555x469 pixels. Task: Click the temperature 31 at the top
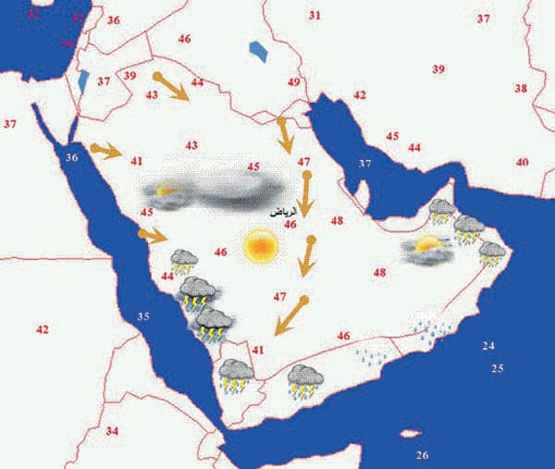click(314, 16)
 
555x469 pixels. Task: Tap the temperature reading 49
click(294, 83)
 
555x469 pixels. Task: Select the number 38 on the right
click(522, 88)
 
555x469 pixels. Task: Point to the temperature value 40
click(523, 162)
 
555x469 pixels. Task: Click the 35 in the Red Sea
click(143, 317)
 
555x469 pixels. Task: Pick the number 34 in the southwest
click(112, 431)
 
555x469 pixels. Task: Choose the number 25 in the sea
click(497, 369)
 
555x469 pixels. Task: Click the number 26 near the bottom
click(423, 455)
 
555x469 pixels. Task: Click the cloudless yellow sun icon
click(261, 247)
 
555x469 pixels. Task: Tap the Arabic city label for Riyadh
click(283, 213)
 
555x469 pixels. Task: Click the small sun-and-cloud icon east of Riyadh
click(426, 248)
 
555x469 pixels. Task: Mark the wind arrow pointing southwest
click(291, 315)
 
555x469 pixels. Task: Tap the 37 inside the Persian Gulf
click(364, 164)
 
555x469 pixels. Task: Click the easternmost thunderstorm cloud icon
click(492, 252)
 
